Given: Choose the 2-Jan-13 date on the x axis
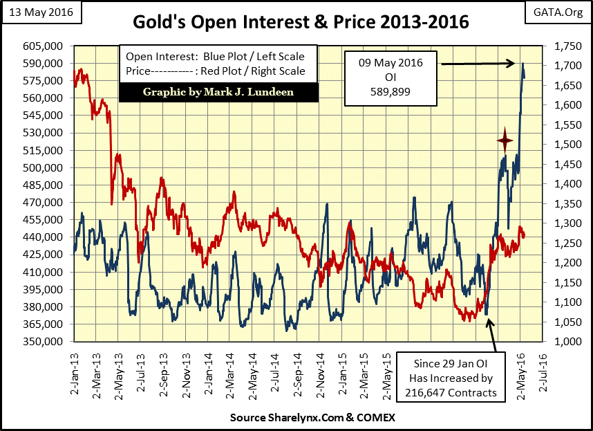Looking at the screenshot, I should coord(74,372).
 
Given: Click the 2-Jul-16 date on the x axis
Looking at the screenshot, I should coord(543,372).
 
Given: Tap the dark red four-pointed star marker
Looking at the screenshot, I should coord(505,141).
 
